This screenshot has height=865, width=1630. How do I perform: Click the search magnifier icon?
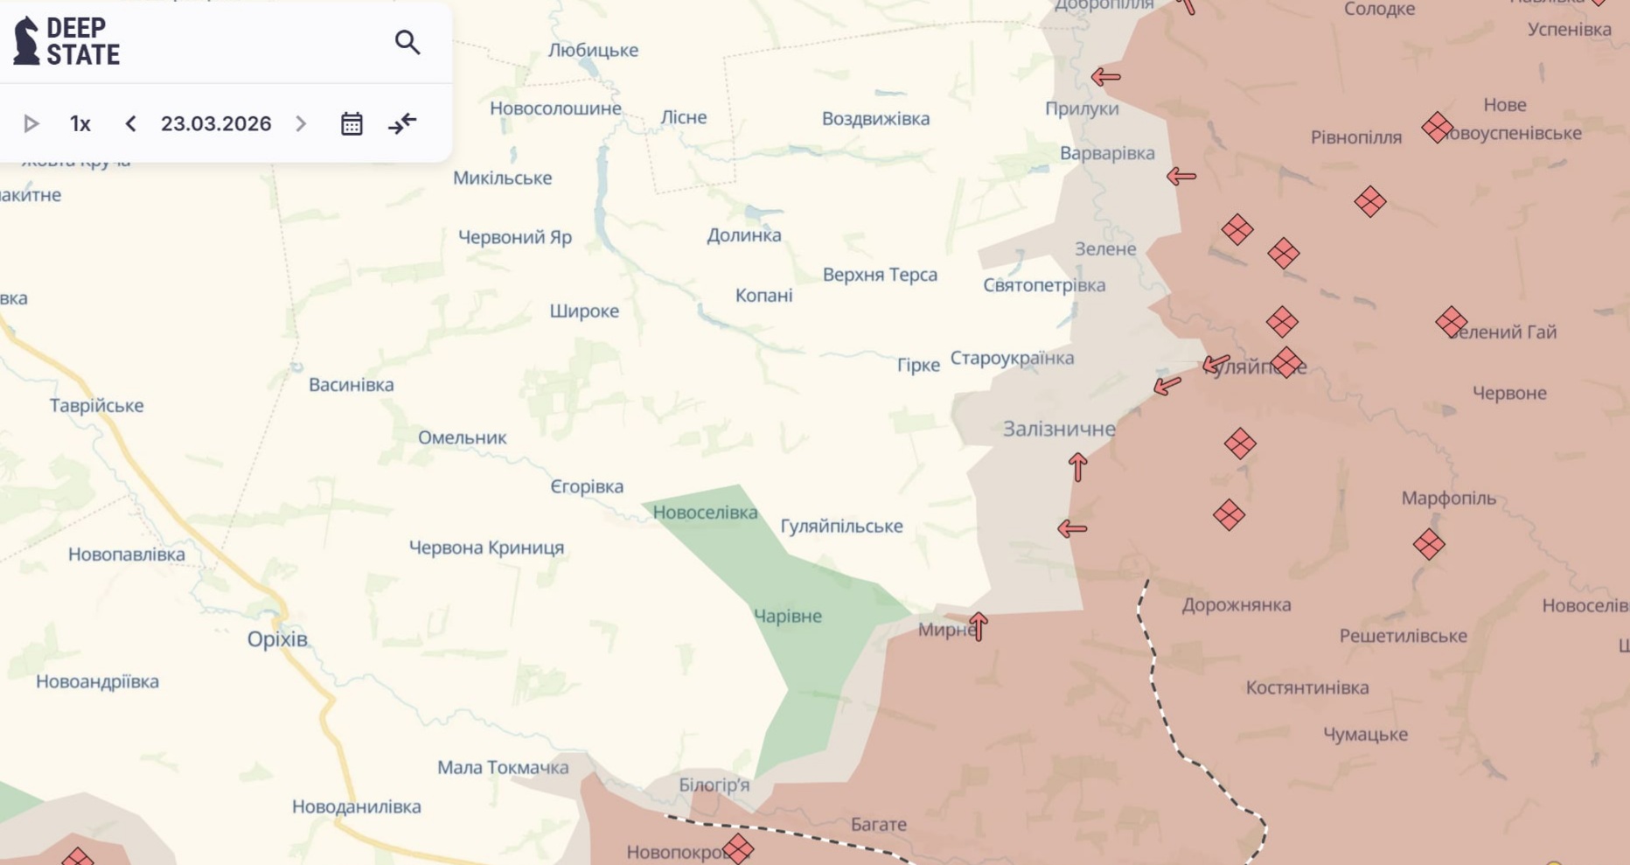click(407, 42)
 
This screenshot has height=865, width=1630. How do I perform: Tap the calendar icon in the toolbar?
click(352, 123)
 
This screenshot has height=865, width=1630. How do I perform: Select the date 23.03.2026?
click(216, 123)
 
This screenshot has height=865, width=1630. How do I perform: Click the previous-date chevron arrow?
click(131, 123)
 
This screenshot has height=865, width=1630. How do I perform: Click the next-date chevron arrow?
click(301, 123)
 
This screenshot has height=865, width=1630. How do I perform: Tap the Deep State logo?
click(67, 41)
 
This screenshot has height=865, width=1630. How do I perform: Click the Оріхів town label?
click(277, 638)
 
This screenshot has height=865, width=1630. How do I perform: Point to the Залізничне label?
click(1059, 429)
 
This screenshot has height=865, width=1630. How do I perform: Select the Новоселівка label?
click(705, 513)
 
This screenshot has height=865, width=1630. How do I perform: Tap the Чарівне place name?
click(788, 616)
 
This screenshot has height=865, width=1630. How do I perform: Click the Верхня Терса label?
click(880, 275)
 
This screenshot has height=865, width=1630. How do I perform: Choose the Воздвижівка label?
click(875, 119)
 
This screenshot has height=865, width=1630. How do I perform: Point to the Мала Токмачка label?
click(503, 767)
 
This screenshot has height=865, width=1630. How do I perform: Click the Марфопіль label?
click(1448, 499)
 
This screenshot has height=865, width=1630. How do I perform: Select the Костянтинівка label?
click(1307, 687)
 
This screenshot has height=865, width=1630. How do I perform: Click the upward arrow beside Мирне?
click(979, 626)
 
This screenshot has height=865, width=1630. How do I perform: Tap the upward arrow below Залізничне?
click(1078, 467)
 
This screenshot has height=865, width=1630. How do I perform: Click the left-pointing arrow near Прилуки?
click(1106, 77)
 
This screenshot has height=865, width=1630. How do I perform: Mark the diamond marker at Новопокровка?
click(738, 848)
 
